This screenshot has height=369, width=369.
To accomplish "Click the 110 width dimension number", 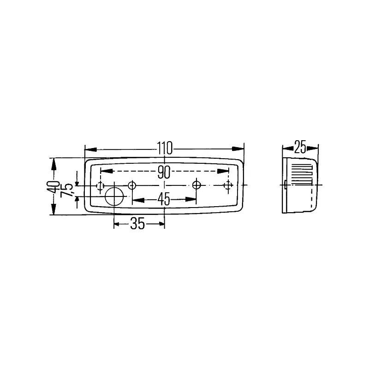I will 164,149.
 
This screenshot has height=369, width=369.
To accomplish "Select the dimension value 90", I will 164,172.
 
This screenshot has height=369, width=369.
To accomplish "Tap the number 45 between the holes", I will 164,199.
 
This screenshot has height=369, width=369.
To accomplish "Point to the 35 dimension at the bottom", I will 138,224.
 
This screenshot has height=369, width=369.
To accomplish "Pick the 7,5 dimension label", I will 67,190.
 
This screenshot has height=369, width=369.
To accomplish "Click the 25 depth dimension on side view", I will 300,148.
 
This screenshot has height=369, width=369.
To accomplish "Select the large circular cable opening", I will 115,196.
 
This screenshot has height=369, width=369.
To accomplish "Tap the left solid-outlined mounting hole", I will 132,185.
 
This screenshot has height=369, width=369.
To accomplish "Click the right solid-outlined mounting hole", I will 197,185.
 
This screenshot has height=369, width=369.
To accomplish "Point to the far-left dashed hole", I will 100,185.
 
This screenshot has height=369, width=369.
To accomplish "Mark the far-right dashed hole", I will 227,185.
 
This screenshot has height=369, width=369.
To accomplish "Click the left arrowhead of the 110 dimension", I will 90,149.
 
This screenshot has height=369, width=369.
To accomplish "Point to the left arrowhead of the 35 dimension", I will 119,224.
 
